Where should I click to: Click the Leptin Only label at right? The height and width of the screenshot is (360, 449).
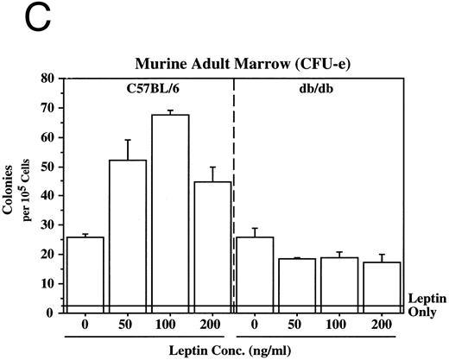tap(427, 302)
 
